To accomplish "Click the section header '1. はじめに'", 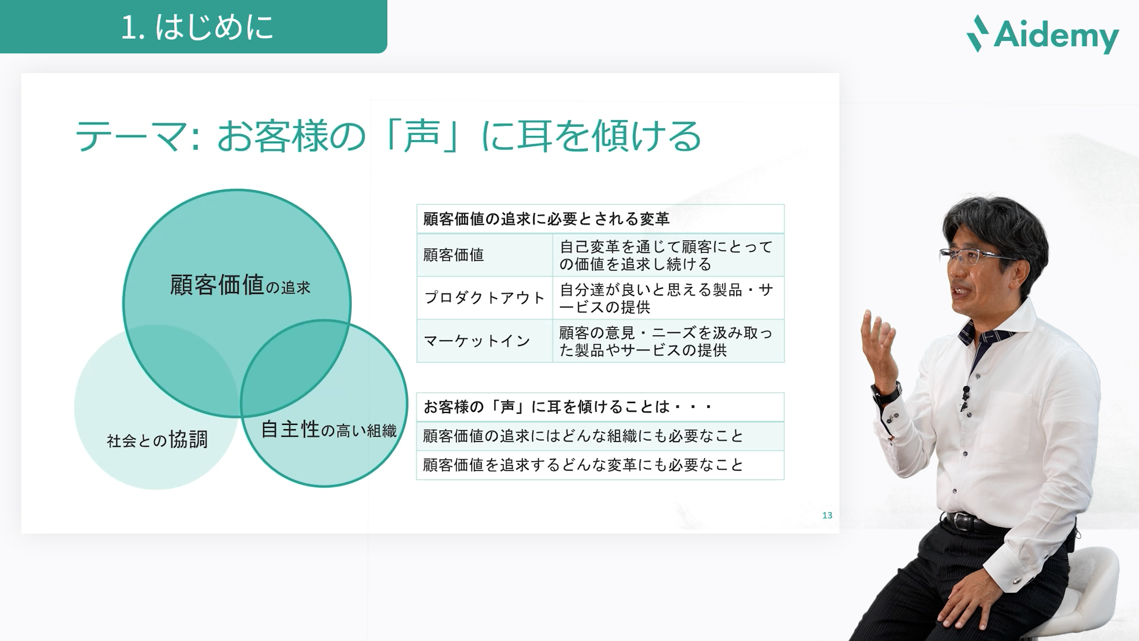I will click(196, 27).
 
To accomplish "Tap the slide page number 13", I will click(827, 515).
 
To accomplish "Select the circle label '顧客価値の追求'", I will click(240, 285).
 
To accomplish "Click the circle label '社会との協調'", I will click(157, 440).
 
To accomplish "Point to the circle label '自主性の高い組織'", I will click(328, 429).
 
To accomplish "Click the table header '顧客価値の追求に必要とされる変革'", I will click(546, 219).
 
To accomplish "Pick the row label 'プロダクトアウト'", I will click(484, 298).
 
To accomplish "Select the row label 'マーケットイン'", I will click(477, 341).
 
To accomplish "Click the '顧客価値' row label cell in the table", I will click(454, 255).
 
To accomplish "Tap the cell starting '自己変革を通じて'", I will click(667, 255).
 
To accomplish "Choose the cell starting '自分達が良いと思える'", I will click(667, 298).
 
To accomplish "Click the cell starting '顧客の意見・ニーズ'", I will click(667, 341).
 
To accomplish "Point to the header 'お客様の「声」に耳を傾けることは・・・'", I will click(568, 407).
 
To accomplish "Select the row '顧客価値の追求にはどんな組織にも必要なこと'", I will click(583, 436).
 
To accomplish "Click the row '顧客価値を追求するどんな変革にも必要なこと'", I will click(583, 465).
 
